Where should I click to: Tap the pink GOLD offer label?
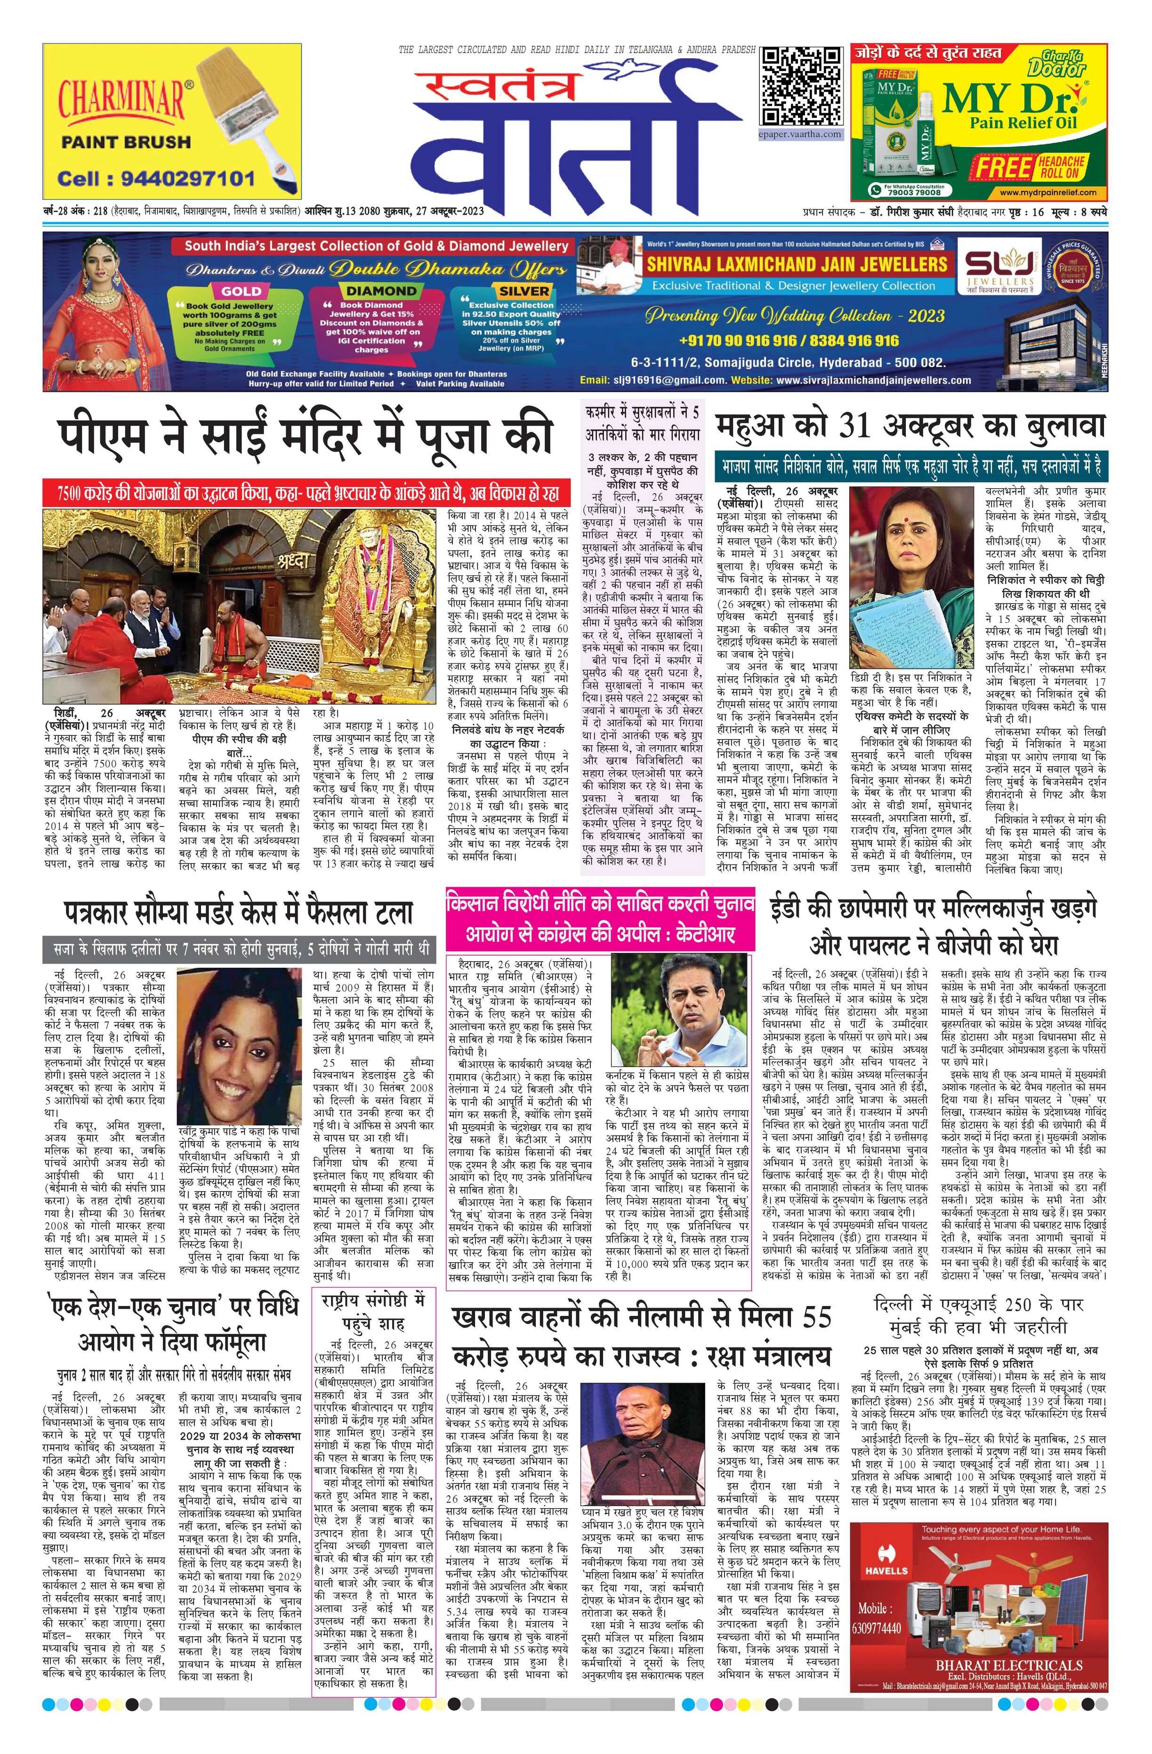click(241, 291)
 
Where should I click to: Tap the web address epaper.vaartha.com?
click(801, 135)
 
